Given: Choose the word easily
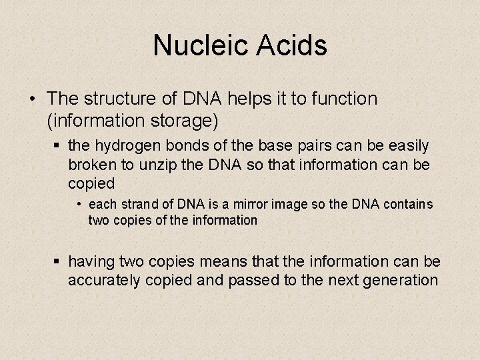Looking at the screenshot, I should pyautogui.click(x=406, y=145).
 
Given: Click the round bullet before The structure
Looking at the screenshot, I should pyautogui.click(x=33, y=99).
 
